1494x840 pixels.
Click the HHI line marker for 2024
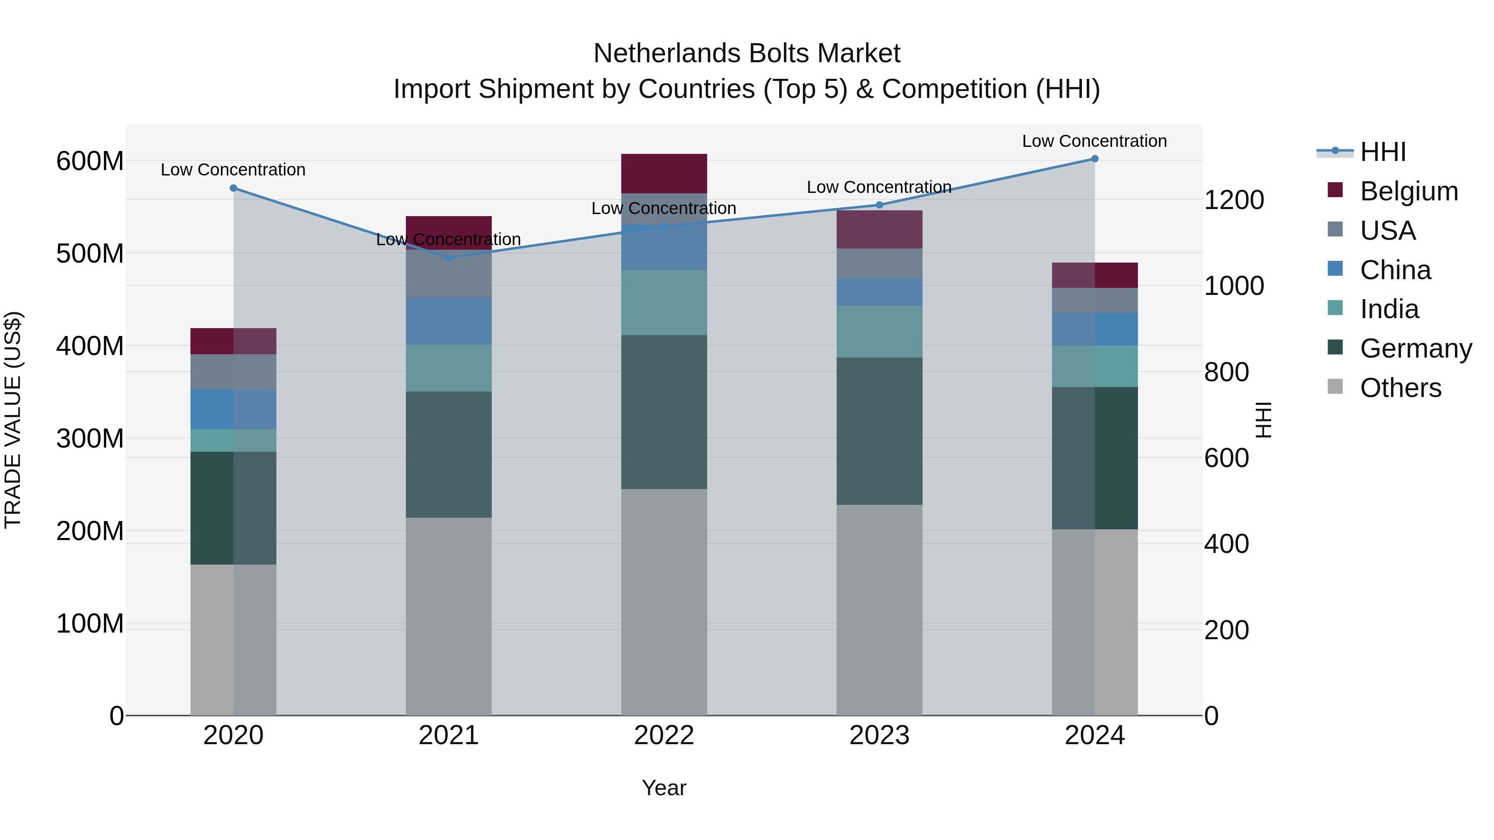coord(1094,159)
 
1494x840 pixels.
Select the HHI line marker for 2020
coord(233,188)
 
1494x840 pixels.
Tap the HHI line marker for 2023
coord(879,205)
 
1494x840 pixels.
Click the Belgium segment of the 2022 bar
coord(664,173)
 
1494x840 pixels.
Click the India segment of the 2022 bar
coord(664,303)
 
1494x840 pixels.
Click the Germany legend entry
coord(1416,348)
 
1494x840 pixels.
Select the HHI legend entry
coord(1383,152)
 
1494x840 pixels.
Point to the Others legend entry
coord(1400,388)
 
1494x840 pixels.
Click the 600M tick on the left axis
coord(90,161)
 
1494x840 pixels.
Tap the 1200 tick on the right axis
coord(1234,200)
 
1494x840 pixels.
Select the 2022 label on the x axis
coord(664,735)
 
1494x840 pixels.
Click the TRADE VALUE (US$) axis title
coord(13,420)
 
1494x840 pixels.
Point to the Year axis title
coord(664,788)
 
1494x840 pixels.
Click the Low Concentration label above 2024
coord(1094,141)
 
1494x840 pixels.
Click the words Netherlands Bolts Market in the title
coord(747,54)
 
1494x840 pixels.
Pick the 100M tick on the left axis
coord(90,624)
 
